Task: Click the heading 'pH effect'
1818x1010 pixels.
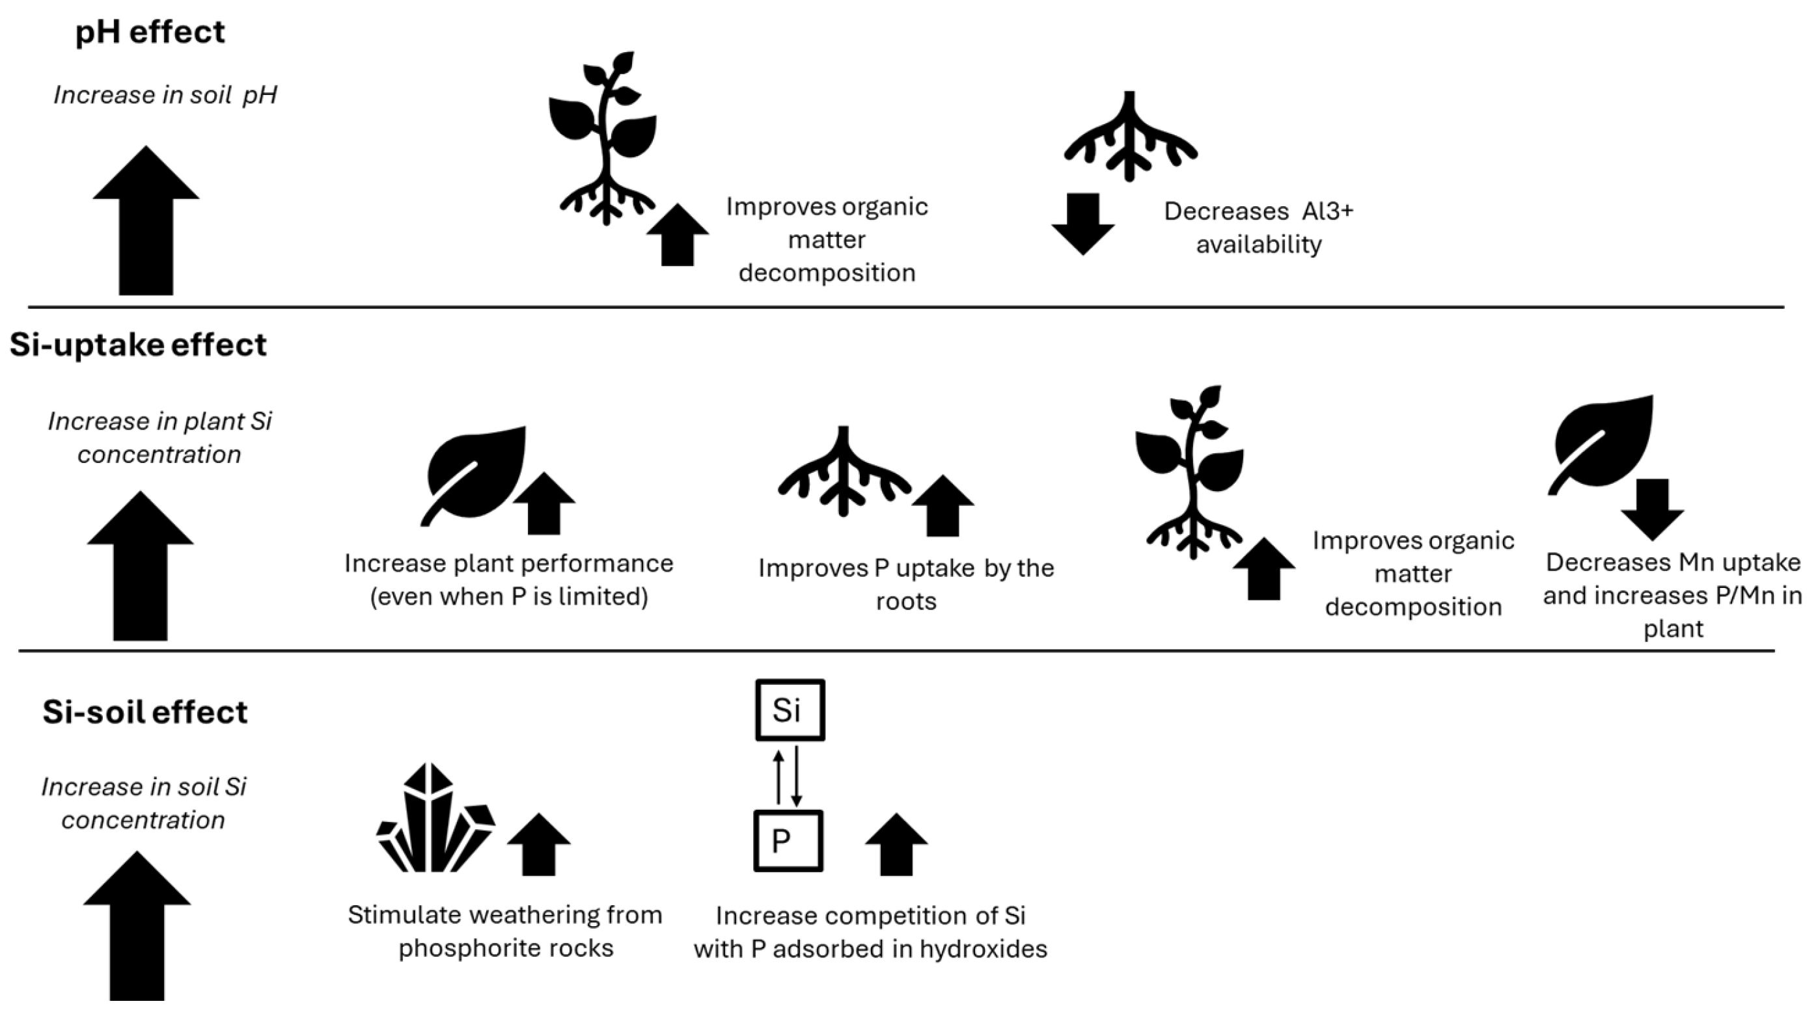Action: click(150, 33)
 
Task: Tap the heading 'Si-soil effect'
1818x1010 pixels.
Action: click(145, 711)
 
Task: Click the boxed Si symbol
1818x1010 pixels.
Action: click(789, 710)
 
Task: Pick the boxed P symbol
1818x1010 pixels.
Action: click(788, 841)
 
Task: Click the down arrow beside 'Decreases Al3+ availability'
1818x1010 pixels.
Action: click(1082, 223)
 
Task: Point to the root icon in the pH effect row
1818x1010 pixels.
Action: click(1130, 137)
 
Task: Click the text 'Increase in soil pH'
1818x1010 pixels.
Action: click(165, 94)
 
